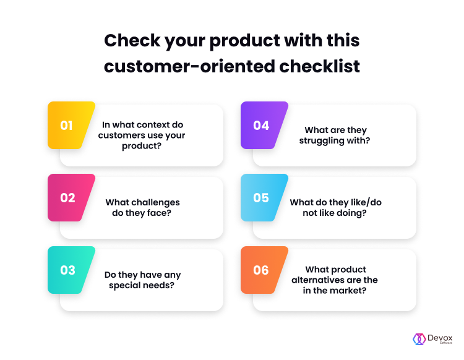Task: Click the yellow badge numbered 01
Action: (x=71, y=125)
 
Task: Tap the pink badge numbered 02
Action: (x=71, y=197)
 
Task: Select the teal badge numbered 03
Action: (x=71, y=270)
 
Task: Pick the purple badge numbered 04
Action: (x=264, y=125)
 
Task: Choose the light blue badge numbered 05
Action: (x=264, y=197)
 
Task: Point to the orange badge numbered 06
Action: (x=264, y=270)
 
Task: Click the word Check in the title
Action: (x=132, y=40)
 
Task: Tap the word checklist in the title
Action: (x=320, y=66)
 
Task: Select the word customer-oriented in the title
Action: (x=190, y=66)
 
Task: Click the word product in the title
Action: (x=245, y=41)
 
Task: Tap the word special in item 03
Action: (x=124, y=285)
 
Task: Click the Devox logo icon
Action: (x=419, y=340)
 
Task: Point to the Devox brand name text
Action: (x=440, y=338)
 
